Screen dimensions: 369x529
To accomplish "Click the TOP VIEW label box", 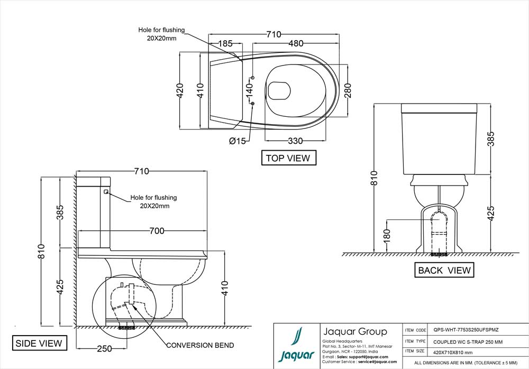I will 288,158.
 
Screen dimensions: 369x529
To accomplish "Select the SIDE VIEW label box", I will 39,343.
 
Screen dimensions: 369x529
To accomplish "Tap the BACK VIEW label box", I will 444,270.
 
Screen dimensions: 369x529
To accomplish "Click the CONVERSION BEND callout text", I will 200,345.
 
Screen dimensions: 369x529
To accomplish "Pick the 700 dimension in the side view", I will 157,230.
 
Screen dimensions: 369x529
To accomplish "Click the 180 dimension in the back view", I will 386,234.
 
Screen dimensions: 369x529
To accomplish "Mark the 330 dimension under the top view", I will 295,141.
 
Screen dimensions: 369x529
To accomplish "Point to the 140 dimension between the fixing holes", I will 247,90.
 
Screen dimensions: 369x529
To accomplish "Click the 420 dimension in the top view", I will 180,91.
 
